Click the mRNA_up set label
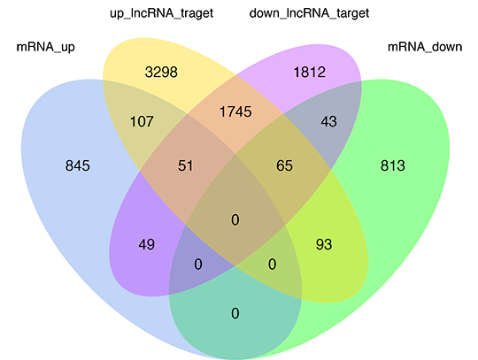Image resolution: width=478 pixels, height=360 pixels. pos(46,47)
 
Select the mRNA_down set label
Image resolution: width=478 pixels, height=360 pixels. pos(425,47)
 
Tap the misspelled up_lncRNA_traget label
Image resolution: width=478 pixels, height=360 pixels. pos(162,13)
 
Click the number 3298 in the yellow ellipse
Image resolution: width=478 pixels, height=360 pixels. pos(161,73)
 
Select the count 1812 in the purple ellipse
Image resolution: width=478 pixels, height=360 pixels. pos(310,73)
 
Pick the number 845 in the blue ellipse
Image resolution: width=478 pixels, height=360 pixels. pos(78,165)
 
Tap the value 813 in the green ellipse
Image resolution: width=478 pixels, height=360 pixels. pos(393,165)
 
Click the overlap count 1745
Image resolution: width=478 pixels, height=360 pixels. pos(235,111)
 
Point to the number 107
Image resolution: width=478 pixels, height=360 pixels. pos(142,121)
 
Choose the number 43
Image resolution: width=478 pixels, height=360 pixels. pos(329,121)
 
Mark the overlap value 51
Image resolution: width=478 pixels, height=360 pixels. pos(185,165)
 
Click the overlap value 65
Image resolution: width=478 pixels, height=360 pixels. pos(284,165)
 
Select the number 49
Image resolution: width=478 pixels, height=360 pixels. pos(147,244)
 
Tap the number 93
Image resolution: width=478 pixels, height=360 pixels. pos(324,244)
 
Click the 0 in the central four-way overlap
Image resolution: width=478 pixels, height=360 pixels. pos(235,219)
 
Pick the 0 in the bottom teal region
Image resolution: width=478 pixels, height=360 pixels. pos(235,313)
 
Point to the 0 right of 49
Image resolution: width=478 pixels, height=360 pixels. pos(198,264)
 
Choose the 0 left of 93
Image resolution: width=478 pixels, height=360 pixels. pos(273,264)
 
